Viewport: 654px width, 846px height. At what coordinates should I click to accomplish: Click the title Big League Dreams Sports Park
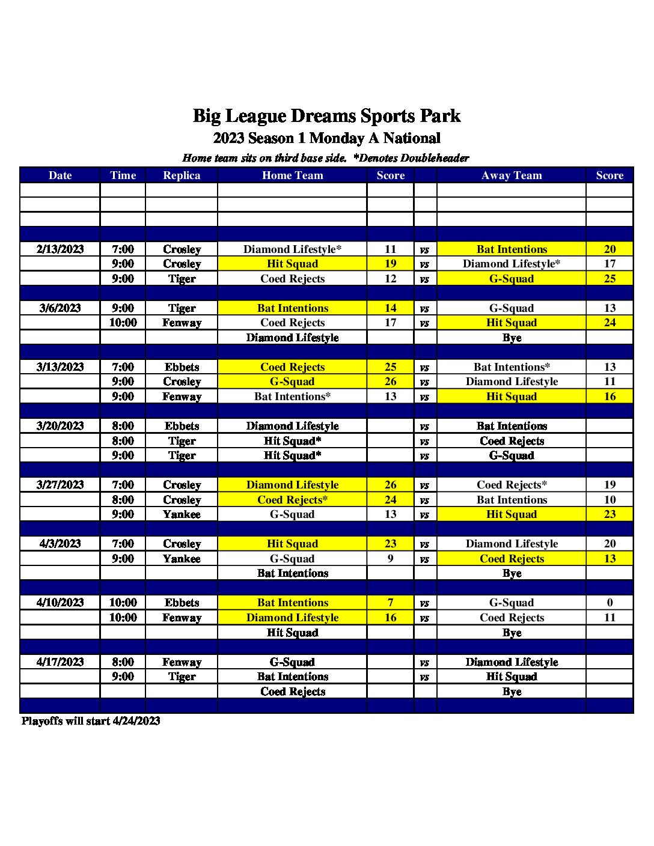(326, 115)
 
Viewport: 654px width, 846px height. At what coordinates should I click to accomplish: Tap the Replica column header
(182, 175)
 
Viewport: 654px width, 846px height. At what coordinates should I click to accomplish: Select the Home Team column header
(292, 175)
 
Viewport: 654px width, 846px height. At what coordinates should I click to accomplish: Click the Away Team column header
(512, 175)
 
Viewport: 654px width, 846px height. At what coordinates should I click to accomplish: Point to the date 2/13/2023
(60, 249)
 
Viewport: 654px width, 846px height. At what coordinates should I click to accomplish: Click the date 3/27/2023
(60, 485)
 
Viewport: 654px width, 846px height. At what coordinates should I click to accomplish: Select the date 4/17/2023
(60, 662)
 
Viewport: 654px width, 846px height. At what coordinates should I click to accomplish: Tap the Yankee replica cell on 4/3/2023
(182, 559)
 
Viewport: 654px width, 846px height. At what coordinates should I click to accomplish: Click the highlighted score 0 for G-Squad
(610, 603)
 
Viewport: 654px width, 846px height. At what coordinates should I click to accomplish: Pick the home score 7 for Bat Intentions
(390, 603)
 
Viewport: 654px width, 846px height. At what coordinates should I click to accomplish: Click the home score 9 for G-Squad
(390, 559)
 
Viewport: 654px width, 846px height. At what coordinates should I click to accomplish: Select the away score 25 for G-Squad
(610, 279)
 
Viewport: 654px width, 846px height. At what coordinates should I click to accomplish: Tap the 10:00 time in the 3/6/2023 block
(123, 323)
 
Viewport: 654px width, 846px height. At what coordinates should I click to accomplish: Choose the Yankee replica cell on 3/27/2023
(182, 514)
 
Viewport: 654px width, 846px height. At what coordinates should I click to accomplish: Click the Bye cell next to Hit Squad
(512, 633)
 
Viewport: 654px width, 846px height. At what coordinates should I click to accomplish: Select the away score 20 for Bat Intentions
(610, 249)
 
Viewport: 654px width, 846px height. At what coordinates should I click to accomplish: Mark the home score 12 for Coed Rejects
(390, 279)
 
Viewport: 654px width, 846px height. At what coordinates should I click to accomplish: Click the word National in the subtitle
(412, 138)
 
